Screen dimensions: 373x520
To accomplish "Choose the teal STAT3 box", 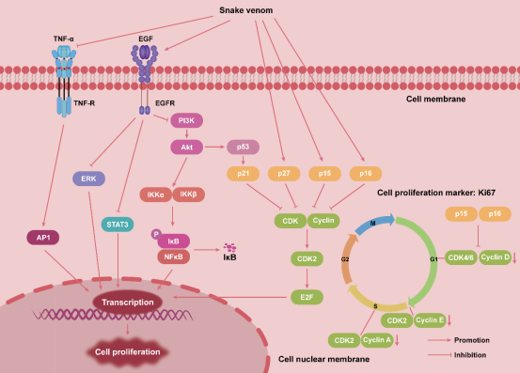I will [118, 224].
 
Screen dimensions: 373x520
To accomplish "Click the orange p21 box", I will [243, 174].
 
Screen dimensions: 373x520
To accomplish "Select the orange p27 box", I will [283, 174].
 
